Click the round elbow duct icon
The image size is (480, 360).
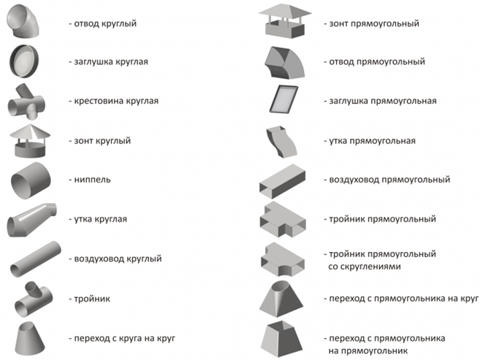point(23,22)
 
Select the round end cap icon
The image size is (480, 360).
point(24,61)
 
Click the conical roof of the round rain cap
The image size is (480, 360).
point(30,132)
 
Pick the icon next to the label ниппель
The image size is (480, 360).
point(30,180)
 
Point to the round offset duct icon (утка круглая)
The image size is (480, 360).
point(31,220)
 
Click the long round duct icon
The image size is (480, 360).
point(35,259)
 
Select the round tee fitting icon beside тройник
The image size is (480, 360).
point(33,299)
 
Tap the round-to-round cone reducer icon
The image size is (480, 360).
point(30,338)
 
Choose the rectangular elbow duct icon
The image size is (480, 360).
point(284,62)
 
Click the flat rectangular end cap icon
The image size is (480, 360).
point(283,99)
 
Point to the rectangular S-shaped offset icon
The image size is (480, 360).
point(281,142)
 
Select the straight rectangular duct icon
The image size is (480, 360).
point(282,181)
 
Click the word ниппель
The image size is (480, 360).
point(92,180)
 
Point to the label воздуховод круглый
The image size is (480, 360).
point(118,258)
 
